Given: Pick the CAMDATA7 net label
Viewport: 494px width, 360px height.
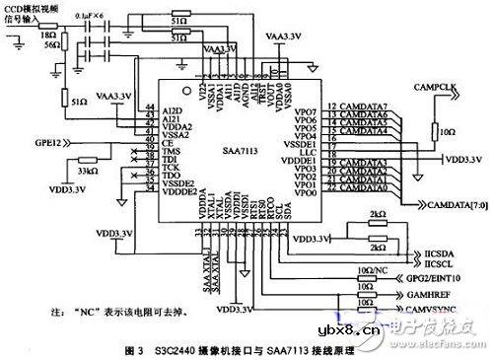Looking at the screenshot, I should [x=361, y=105].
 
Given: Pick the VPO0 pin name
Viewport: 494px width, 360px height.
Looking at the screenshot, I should [x=307, y=191].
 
